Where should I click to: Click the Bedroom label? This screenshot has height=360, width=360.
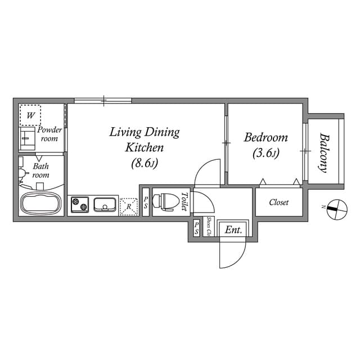pos(265,137)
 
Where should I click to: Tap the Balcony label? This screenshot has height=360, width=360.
pos(324,152)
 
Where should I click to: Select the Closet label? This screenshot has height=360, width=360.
pos(278,202)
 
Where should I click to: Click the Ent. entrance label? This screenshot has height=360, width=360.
pos(233,229)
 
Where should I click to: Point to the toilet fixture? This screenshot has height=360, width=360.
pos(167,202)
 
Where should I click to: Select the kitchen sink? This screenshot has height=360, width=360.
pos(105,205)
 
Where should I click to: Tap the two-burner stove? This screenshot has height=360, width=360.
pos(79,205)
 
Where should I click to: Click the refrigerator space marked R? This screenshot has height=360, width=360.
pos(129,206)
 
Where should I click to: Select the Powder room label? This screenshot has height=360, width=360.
pos(49,134)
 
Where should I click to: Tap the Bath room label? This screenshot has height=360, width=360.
pos(40,170)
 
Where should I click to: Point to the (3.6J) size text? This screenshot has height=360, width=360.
pos(265,152)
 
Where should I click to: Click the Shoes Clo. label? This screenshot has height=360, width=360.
pos(209,226)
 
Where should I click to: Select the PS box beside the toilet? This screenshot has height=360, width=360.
pos(145,202)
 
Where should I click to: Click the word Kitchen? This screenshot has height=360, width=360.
pos(144,148)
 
